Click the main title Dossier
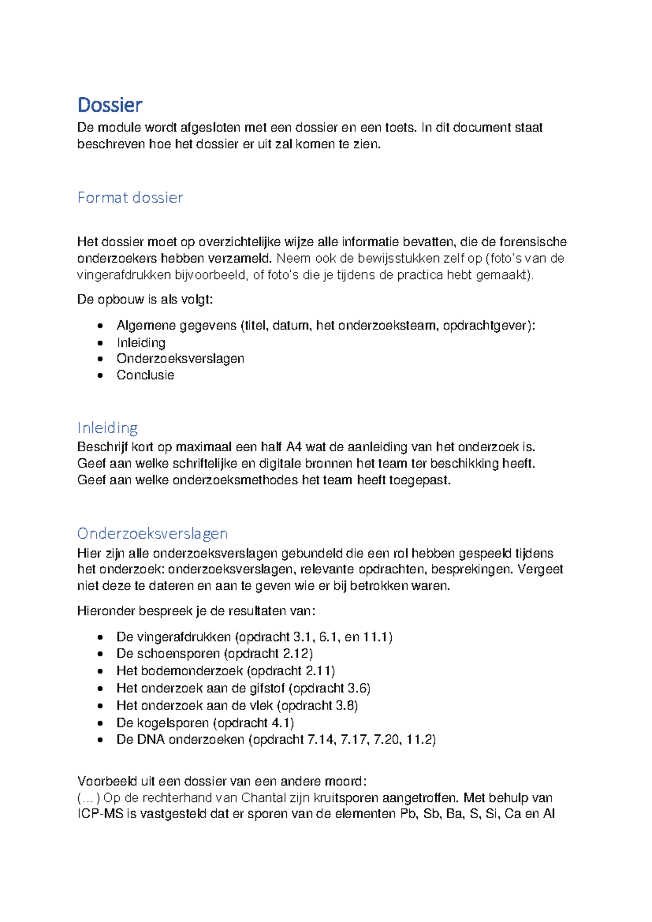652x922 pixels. click(x=110, y=104)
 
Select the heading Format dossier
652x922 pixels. click(x=130, y=197)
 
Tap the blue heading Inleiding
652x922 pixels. click(x=107, y=428)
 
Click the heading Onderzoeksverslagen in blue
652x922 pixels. click(x=152, y=533)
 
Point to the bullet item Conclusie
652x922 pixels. click(x=145, y=375)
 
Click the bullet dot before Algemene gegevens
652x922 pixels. click(x=100, y=326)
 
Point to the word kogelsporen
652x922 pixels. click(x=173, y=723)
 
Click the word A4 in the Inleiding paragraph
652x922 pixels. click(x=294, y=447)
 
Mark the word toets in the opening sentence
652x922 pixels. click(x=401, y=128)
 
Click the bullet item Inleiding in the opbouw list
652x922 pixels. click(x=141, y=343)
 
